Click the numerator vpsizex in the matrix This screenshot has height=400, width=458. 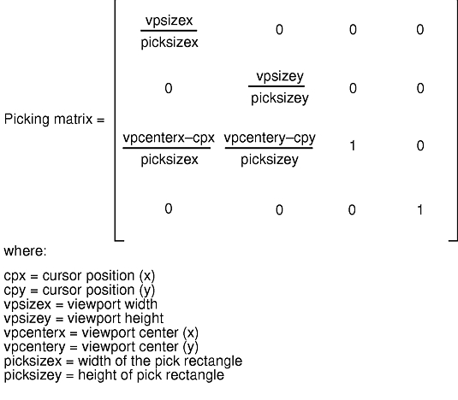point(170,21)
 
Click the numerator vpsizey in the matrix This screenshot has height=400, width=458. point(280,77)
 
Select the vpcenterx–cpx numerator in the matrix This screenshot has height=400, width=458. point(169,138)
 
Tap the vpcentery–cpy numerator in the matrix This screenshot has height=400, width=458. point(270,138)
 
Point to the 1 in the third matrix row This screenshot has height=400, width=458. point(353,146)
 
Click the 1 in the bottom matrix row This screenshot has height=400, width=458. point(419,210)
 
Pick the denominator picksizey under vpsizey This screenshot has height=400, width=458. point(280,98)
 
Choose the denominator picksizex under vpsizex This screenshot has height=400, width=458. point(170,43)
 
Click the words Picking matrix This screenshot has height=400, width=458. point(48,120)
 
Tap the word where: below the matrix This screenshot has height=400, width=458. point(25,251)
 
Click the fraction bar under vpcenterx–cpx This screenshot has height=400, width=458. point(166,148)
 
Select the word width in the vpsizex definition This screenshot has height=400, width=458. point(141,304)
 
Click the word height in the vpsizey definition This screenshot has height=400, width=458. point(144,319)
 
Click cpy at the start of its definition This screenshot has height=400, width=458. point(15,291)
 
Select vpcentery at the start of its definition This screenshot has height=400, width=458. point(34,347)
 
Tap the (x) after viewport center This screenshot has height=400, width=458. point(191,333)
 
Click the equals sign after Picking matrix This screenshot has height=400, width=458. point(100,121)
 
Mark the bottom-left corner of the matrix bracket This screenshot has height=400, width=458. point(115,240)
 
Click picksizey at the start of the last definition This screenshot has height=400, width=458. point(33,375)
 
